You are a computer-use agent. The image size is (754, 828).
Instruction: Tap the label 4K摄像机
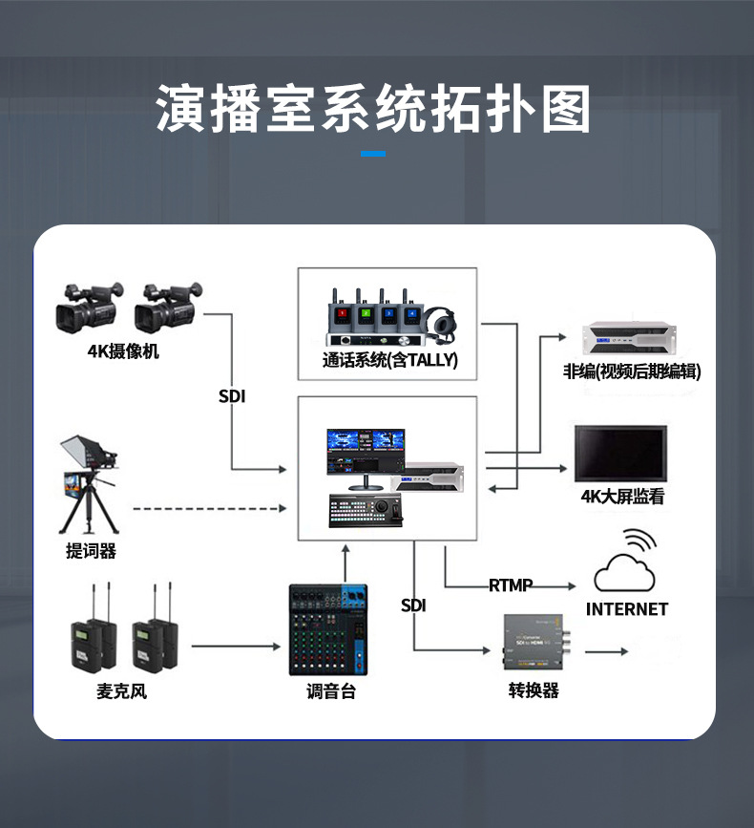pyautogui.click(x=123, y=351)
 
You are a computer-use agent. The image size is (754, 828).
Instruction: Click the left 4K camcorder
pyautogui.click(x=88, y=307)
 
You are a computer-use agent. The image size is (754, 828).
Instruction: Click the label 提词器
pyautogui.click(x=92, y=551)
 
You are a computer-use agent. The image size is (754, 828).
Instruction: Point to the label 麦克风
pyautogui.click(x=121, y=690)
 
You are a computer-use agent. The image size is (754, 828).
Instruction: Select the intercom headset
pyautogui.click(x=442, y=324)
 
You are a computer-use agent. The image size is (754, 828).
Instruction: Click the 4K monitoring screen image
pyautogui.click(x=620, y=453)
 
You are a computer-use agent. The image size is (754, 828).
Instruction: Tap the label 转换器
pyautogui.click(x=534, y=690)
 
